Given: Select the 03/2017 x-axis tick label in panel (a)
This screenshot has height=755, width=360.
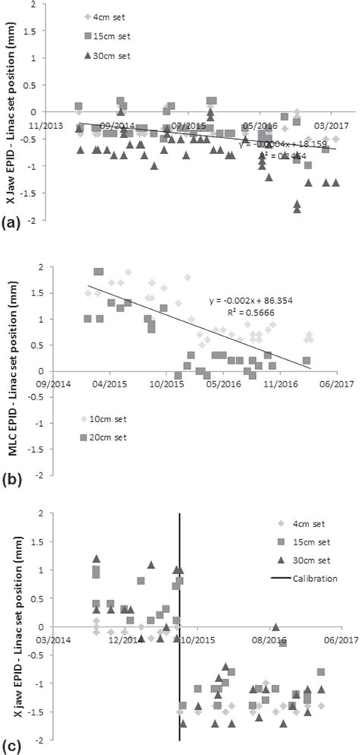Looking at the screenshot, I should pyautogui.click(x=330, y=123).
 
